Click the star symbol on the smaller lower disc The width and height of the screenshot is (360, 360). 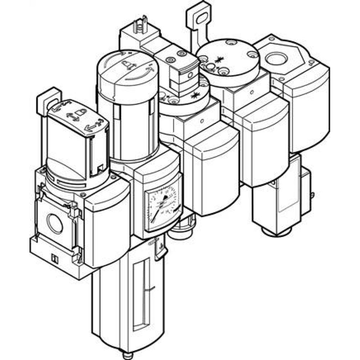[x=195, y=95]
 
